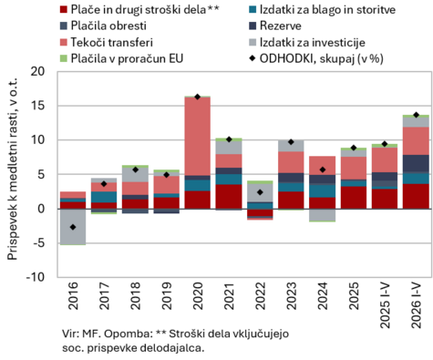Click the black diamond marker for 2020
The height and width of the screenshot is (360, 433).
198,97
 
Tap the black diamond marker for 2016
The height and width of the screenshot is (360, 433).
73,227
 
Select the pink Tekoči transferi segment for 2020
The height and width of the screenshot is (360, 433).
198,137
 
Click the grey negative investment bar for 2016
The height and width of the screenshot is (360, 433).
73,227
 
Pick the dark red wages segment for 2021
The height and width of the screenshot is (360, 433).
229,197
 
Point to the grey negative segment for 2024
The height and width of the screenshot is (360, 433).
323,215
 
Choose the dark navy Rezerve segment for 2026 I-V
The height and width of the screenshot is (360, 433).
416,163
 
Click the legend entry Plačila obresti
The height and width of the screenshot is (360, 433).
103,26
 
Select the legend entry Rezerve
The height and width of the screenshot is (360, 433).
275,26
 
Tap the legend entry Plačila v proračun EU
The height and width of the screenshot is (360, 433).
121,58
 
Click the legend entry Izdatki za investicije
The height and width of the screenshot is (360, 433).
307,42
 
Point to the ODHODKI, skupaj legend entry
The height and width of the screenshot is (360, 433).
316,58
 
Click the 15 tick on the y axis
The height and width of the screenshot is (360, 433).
38,106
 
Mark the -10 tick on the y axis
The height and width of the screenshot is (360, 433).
36,277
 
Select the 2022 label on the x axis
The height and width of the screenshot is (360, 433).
260,295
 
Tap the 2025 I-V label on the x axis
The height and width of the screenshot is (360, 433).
385,305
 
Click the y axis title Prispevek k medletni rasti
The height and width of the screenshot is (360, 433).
13,169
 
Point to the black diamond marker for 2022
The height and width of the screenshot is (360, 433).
260,192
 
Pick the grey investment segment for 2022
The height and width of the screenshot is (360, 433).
260,192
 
